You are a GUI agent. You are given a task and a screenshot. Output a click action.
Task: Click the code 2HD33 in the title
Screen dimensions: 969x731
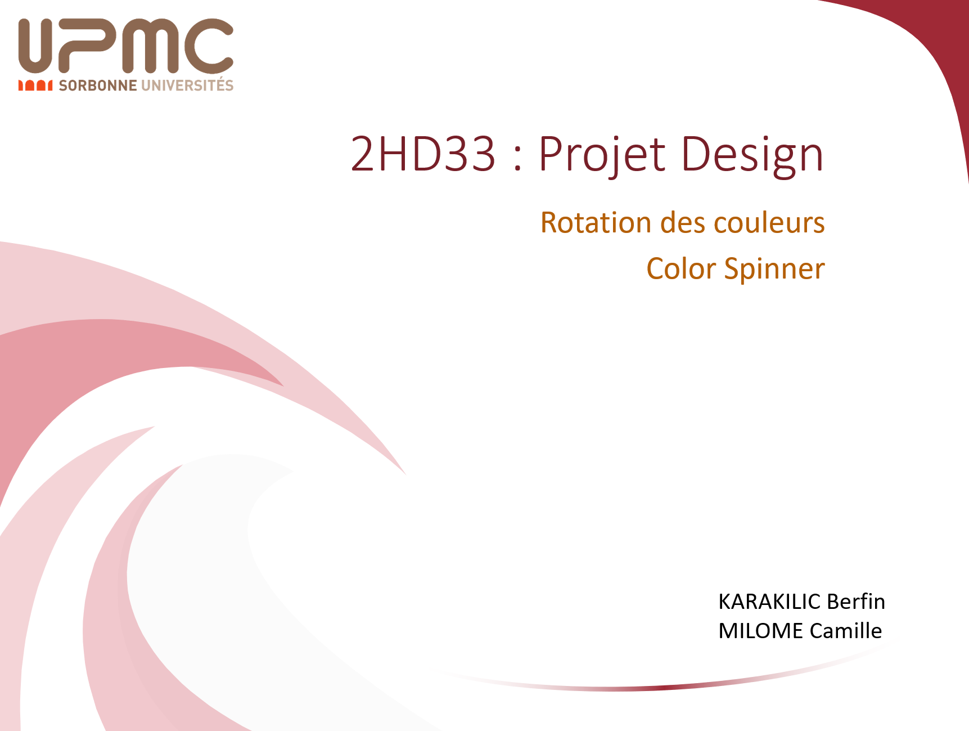tap(423, 153)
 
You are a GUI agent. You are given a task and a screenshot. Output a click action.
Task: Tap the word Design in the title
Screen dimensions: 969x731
tap(752, 155)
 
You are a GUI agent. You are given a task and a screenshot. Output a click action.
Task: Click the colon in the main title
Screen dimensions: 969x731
tap(518, 159)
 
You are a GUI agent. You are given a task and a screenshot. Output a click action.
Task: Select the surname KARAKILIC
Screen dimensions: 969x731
tap(769, 602)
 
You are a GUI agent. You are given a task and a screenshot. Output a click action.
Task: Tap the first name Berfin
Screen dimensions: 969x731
tap(856, 602)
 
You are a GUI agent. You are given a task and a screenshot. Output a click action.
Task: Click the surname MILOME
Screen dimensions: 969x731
tap(761, 631)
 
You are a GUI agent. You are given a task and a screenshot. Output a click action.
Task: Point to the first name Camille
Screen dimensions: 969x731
tap(846, 631)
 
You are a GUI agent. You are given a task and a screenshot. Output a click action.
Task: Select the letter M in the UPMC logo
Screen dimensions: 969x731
tap(145, 46)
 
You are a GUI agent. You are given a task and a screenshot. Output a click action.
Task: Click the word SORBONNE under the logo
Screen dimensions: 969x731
tap(98, 86)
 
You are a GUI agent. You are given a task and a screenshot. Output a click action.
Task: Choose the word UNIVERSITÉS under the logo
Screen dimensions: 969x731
tap(187, 84)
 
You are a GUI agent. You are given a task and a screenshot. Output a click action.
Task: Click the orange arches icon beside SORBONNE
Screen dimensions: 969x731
tap(35, 86)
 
